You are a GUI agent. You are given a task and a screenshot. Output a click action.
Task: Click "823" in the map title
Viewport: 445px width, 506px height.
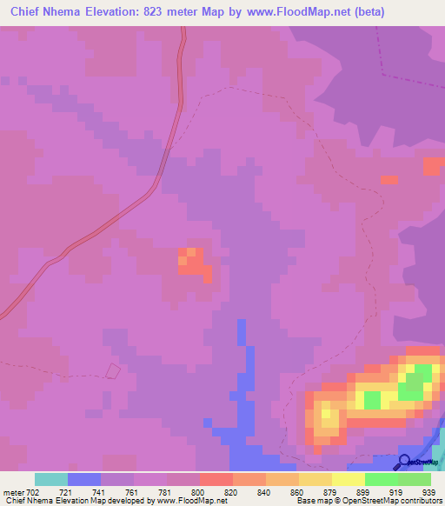pos(165,12)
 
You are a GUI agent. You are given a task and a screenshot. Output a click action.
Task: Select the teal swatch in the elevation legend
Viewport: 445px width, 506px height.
pos(51,479)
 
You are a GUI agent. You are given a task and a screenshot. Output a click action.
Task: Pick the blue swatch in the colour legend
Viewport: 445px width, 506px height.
pos(84,479)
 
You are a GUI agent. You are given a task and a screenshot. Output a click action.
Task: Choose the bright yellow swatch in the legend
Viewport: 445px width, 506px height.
pos(349,479)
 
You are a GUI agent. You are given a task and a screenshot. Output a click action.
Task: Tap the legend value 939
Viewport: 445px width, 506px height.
pos(426,492)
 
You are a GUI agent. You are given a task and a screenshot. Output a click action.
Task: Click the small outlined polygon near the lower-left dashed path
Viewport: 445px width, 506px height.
pos(113,370)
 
